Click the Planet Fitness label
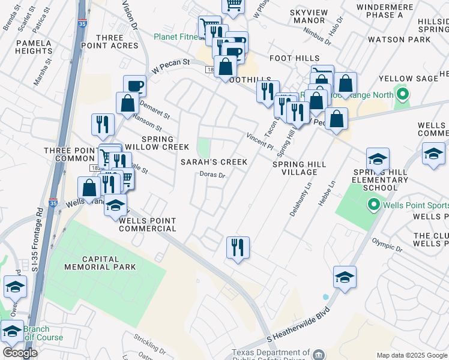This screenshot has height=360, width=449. click(175, 37)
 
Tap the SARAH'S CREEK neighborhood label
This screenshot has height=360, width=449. click(214, 162)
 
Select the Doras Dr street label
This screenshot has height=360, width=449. click(212, 176)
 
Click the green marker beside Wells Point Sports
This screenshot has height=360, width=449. click(375, 206)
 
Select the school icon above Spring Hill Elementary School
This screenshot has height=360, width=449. click(378, 159)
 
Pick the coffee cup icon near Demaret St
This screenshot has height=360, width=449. click(134, 85)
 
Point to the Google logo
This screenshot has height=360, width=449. click(20, 353)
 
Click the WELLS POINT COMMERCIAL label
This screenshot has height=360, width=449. click(148, 224)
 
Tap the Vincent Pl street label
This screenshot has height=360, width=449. click(259, 142)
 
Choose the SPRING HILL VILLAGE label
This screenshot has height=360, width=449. click(300, 168)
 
